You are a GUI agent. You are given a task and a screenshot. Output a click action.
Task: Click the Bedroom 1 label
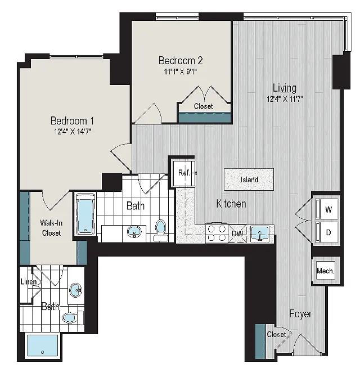[72, 121]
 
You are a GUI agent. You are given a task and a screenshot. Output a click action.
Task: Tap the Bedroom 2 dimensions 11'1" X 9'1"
[181, 71]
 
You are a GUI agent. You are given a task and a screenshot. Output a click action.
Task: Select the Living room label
[285, 88]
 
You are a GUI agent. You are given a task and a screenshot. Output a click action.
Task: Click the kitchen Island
[249, 179]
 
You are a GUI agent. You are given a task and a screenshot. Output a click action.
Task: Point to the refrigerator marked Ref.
[184, 173]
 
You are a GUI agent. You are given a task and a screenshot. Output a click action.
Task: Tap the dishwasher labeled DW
[237, 233]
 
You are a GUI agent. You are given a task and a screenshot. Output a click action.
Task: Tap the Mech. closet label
[326, 271]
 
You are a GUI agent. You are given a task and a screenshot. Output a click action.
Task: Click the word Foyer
[300, 314]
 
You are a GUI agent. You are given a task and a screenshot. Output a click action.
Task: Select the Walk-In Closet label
[51, 228]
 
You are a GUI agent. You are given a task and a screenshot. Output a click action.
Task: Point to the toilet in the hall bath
[160, 230]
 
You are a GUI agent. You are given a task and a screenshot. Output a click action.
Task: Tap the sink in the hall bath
[134, 231]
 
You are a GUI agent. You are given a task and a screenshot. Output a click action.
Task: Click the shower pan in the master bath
[42, 345]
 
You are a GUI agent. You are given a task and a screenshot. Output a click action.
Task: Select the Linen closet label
[29, 282]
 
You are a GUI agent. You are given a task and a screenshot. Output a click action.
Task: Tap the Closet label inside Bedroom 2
[203, 106]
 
